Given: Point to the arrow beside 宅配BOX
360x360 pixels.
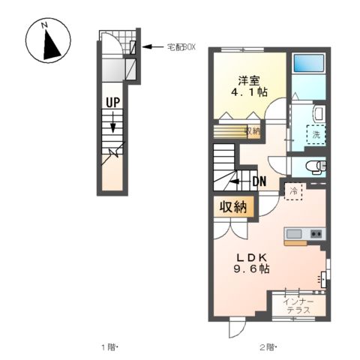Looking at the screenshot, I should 154,47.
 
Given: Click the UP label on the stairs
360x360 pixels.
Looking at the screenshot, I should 113,102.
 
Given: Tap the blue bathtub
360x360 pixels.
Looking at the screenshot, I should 308,63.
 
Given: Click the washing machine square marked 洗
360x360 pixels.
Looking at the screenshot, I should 316,135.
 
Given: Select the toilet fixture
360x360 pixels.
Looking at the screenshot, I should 314,165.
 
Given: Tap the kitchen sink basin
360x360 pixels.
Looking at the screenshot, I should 296,233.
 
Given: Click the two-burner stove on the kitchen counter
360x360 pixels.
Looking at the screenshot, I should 316,233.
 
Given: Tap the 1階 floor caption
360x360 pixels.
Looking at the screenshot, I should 110,347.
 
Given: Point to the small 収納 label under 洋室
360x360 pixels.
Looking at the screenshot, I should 252,131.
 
